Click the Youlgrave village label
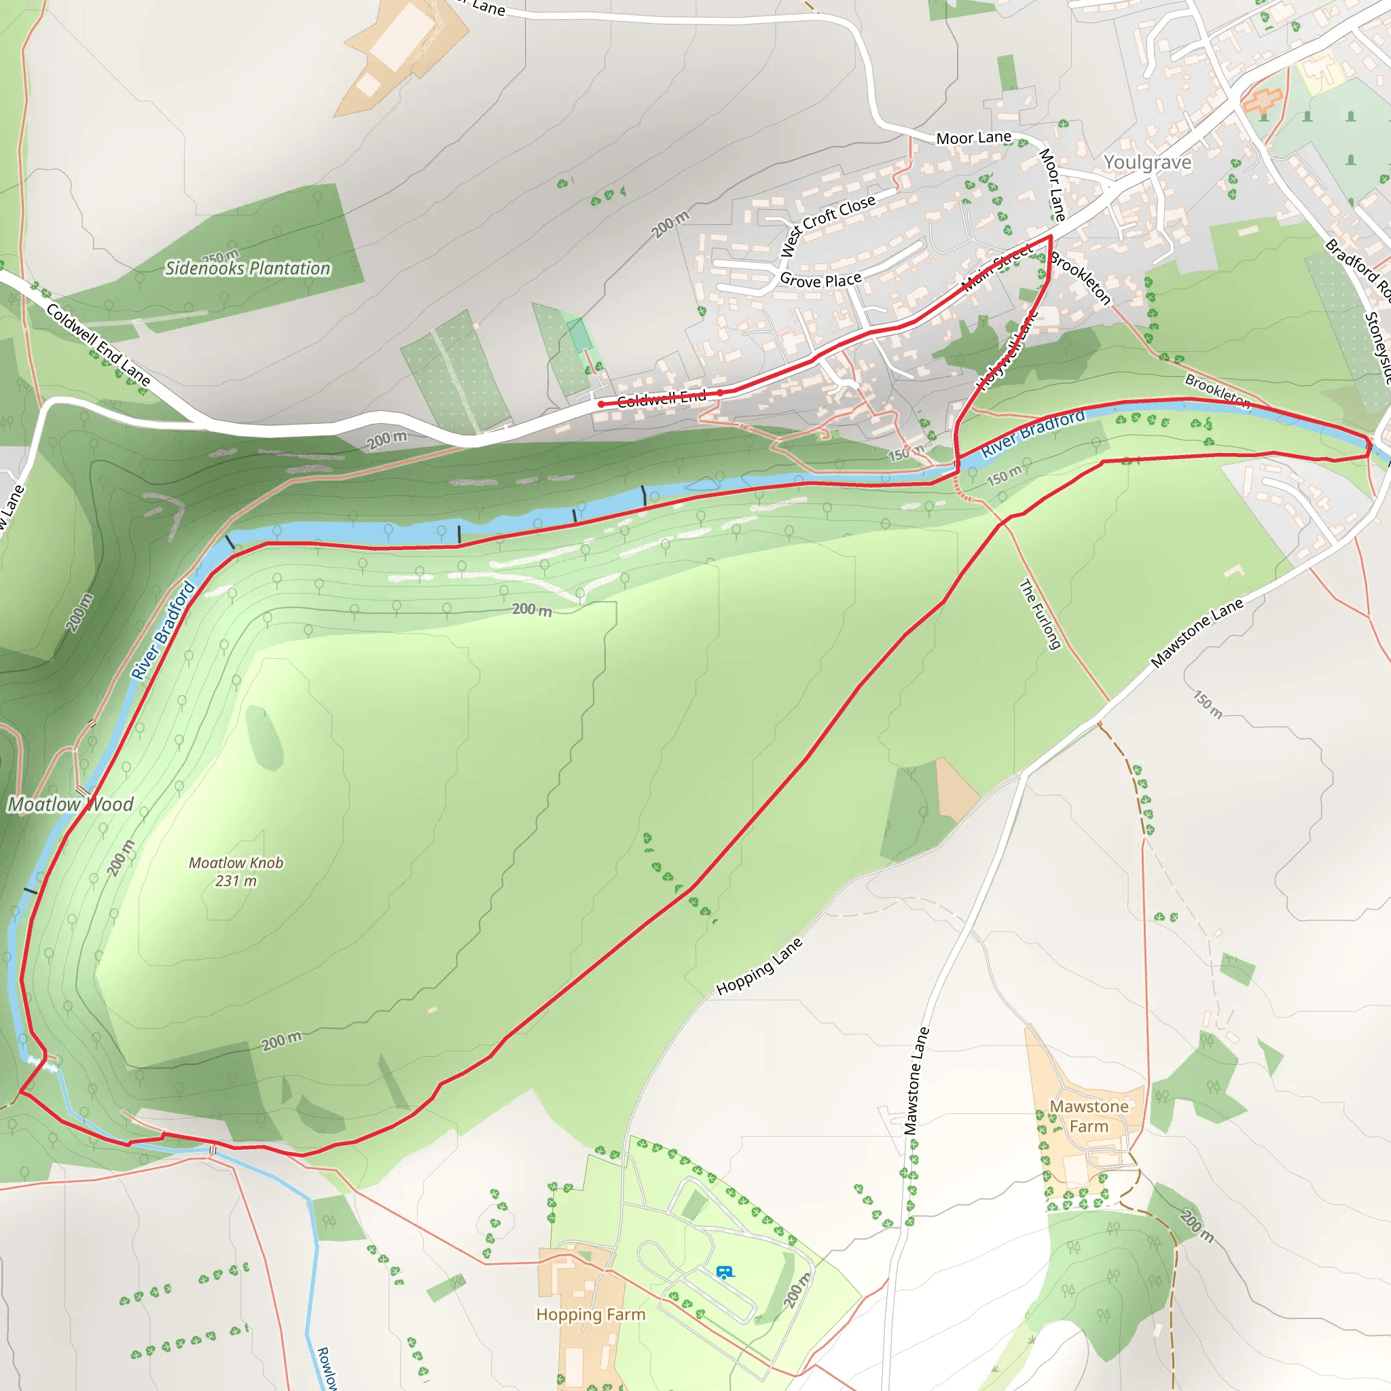pos(1147,163)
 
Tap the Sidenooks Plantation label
pos(248,268)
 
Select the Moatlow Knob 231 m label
pos(236,871)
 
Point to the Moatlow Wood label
pos(71,804)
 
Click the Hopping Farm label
pos(590,1315)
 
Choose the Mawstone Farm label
pos(1089,1116)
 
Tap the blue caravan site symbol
pos(724,1272)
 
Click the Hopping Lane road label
pos(759,967)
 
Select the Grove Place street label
pos(820,280)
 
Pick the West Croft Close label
pos(829,225)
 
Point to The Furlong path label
pos(1041,614)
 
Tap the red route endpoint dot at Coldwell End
pos(601,404)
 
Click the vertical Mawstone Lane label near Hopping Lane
pos(916,1081)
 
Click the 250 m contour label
pos(220,256)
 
